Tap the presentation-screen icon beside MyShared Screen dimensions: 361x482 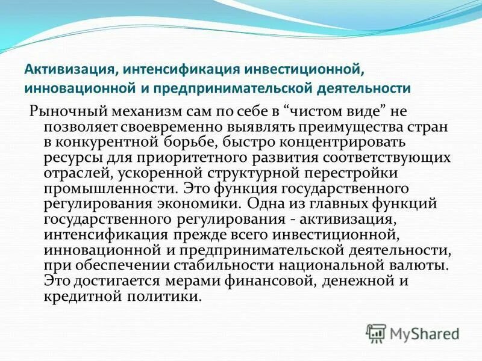click(x=376, y=333)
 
